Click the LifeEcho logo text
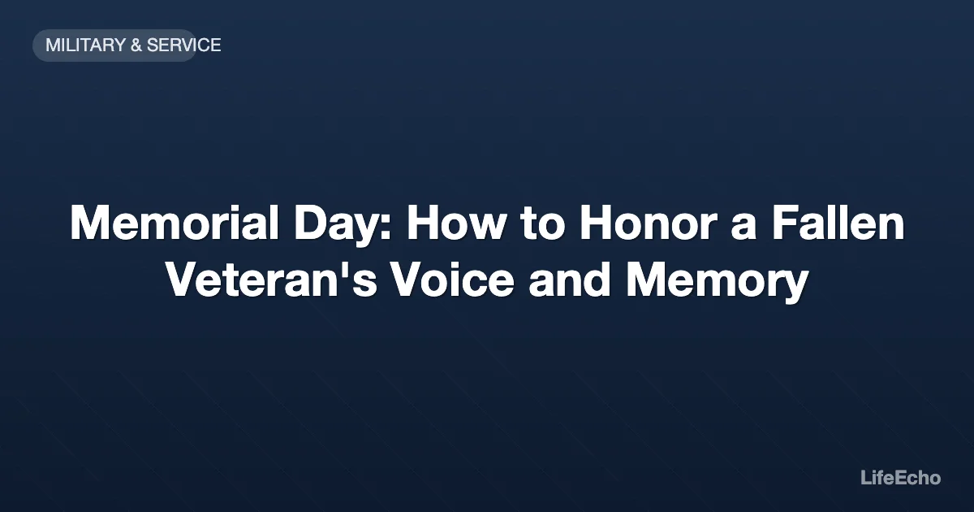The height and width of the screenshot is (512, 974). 900,478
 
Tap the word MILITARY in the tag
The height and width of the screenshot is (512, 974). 84,46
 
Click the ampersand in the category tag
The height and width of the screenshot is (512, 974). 136,46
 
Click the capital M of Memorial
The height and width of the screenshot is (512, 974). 88,223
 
